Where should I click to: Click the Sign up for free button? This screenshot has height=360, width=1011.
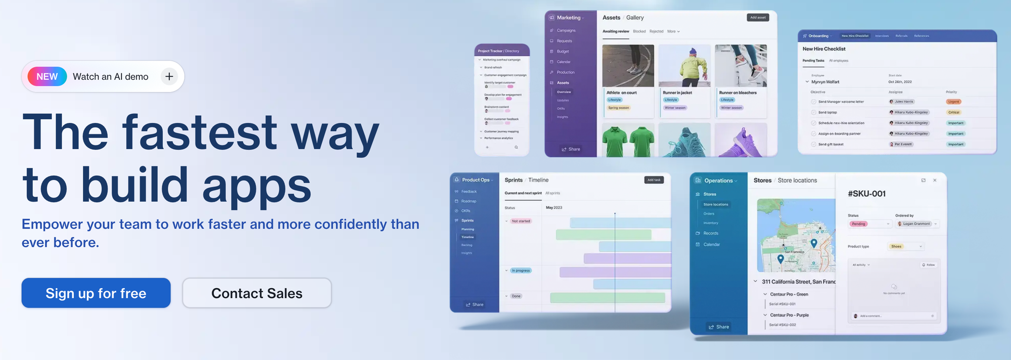click(96, 293)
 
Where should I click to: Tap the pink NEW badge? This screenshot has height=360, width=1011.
click(47, 77)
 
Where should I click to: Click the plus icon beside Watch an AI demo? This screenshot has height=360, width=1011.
click(169, 77)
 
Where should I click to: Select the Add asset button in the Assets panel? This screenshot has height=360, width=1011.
click(758, 18)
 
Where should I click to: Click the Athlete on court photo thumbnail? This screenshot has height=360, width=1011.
click(628, 66)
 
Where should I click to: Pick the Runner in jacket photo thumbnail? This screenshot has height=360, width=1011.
click(684, 66)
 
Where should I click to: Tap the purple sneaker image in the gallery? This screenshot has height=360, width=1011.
click(741, 141)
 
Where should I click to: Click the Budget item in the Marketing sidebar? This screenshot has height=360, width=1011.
click(563, 52)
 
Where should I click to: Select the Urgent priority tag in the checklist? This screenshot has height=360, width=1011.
click(953, 102)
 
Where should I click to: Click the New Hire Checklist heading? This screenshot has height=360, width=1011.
click(824, 49)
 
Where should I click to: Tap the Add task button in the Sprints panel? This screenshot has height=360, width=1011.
click(654, 180)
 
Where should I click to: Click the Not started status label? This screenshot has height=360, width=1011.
click(521, 221)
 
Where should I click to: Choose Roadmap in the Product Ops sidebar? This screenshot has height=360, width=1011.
click(469, 201)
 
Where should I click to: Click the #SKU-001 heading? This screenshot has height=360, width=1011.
click(866, 194)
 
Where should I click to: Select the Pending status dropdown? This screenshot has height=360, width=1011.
click(869, 224)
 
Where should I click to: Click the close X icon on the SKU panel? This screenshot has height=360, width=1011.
click(935, 181)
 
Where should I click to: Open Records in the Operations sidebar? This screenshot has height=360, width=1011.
click(711, 234)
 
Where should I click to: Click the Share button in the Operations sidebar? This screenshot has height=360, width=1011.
click(719, 327)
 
